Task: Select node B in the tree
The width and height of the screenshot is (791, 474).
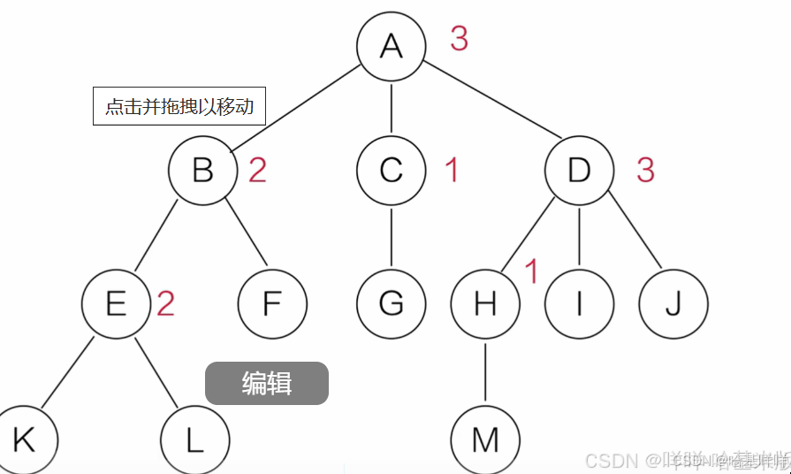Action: pos(203,170)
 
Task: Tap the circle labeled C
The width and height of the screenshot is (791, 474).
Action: pos(392,170)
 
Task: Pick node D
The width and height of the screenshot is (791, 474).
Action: pos(579,170)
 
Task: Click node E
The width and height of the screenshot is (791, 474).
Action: pos(116,304)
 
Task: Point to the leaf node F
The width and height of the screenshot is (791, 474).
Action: pos(272,304)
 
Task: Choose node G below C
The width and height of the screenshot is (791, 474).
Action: pos(392,304)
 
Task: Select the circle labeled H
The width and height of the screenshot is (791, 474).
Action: pos(485,304)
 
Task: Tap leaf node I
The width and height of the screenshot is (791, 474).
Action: pos(579,304)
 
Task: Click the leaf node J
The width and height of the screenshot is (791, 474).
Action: pos(673,304)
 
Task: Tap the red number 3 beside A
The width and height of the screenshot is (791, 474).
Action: pos(459,39)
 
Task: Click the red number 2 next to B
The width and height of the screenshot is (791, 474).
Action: pos(257,171)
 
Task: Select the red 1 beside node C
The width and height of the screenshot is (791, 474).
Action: pos(452,171)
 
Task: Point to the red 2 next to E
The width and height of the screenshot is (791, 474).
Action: pos(165,304)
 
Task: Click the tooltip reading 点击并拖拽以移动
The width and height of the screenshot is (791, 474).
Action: pos(179,106)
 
